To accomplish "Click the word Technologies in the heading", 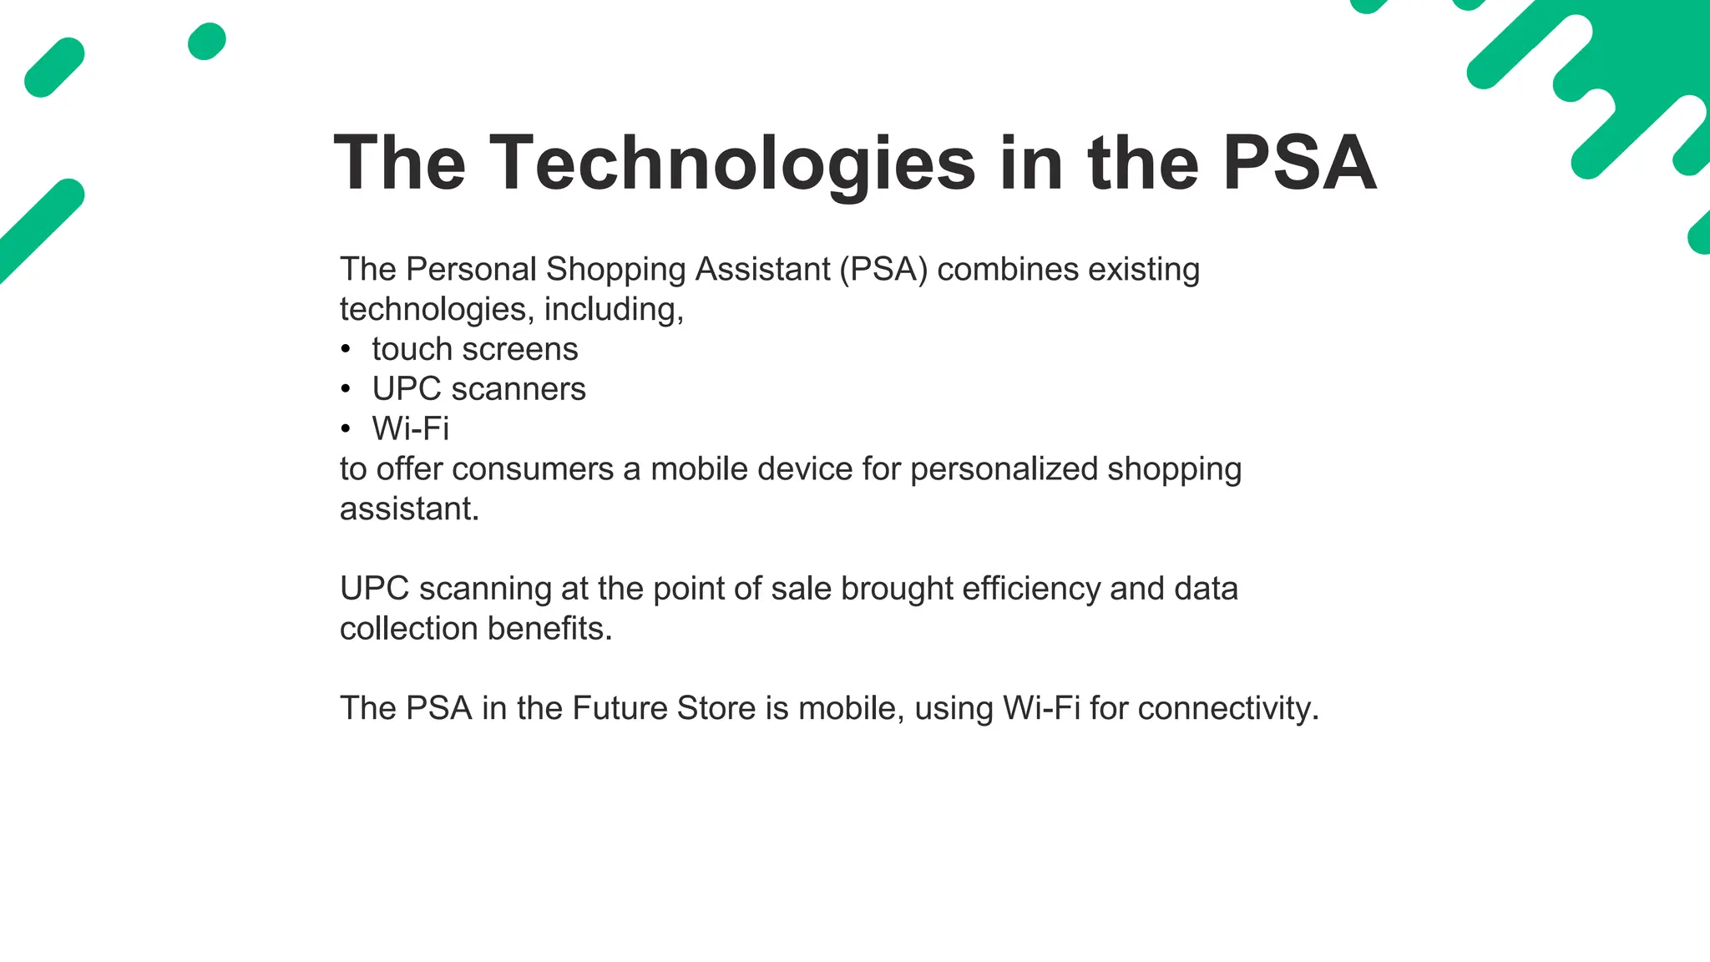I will pyautogui.click(x=732, y=164).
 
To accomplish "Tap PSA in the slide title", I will pyautogui.click(x=1299, y=164).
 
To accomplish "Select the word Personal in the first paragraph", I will pyautogui.click(x=471, y=270).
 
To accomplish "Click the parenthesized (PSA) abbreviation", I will pyautogui.click(x=883, y=270).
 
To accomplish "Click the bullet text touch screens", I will pyautogui.click(x=474, y=349).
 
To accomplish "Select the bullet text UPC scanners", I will pyautogui.click(x=478, y=389).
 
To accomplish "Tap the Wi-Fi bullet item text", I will pyautogui.click(x=410, y=429).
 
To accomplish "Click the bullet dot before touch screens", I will pyautogui.click(x=346, y=350).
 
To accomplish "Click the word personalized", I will pyautogui.click(x=1004, y=469).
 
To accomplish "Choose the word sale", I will pyautogui.click(x=801, y=589).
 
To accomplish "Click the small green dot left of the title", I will pyautogui.click(x=207, y=42).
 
